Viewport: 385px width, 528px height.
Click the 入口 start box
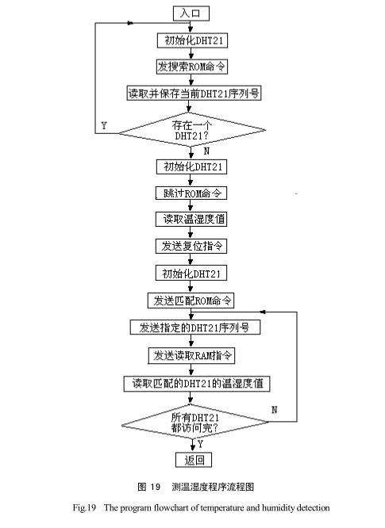[x=191, y=13]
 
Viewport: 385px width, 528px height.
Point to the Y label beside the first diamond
[x=104, y=125]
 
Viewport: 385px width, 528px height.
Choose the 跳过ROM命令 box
[x=191, y=193]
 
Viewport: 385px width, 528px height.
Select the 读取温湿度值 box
[x=191, y=220]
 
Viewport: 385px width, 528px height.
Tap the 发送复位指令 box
[x=191, y=247]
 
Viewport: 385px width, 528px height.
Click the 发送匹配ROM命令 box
[x=191, y=300]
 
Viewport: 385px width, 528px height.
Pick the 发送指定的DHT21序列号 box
[x=191, y=327]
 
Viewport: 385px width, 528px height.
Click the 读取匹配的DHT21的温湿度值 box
[x=198, y=383]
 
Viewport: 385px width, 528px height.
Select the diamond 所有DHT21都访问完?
[x=195, y=423]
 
